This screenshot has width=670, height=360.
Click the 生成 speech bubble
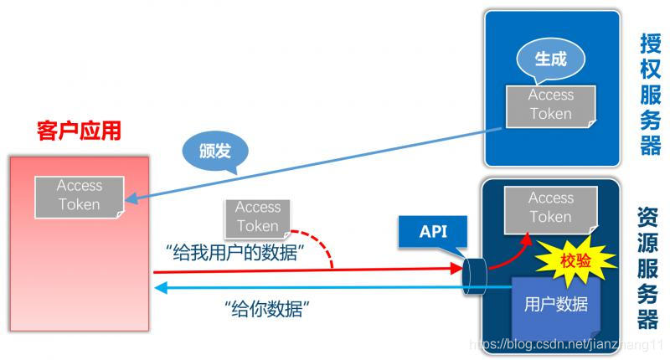[550, 59]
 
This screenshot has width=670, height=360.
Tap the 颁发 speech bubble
[214, 149]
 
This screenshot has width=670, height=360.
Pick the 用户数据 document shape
[554, 305]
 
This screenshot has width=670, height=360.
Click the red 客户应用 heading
[80, 131]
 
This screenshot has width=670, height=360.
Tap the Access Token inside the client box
[80, 194]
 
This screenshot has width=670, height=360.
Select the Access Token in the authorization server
[550, 105]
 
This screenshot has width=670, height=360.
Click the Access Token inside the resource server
[550, 208]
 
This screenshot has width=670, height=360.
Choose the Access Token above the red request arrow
[257, 216]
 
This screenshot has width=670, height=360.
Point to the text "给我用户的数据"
[234, 251]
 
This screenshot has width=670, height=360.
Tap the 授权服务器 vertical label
[650, 95]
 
